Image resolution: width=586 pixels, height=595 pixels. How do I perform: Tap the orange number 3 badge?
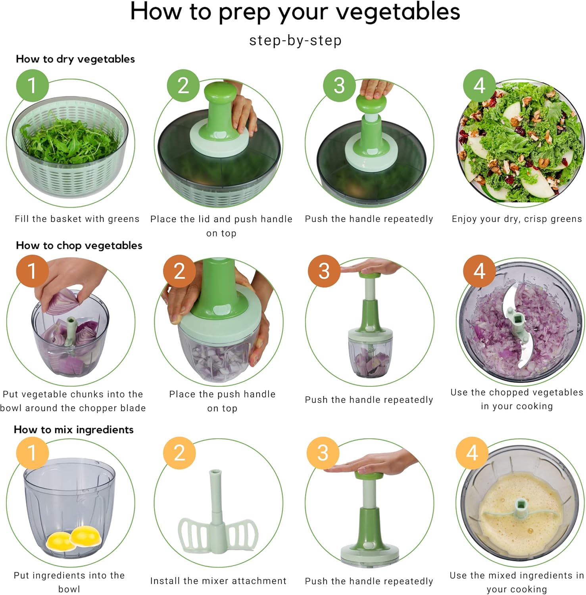coord(324,271)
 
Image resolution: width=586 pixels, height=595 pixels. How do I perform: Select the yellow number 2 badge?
coord(179,453)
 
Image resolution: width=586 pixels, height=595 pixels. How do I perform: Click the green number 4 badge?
coord(480,86)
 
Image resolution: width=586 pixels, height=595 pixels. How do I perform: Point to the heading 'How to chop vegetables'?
coord(79,246)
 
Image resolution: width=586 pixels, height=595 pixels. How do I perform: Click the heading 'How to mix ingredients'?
coord(74,430)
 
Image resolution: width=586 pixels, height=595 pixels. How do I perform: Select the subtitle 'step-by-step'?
coord(295,40)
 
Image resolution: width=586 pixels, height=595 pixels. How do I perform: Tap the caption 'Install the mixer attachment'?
coord(218,581)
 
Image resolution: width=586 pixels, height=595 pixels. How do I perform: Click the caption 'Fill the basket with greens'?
coord(77,219)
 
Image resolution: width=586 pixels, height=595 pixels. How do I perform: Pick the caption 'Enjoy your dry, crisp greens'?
coord(517,219)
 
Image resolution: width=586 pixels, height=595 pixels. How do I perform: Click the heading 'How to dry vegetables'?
coord(75,59)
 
